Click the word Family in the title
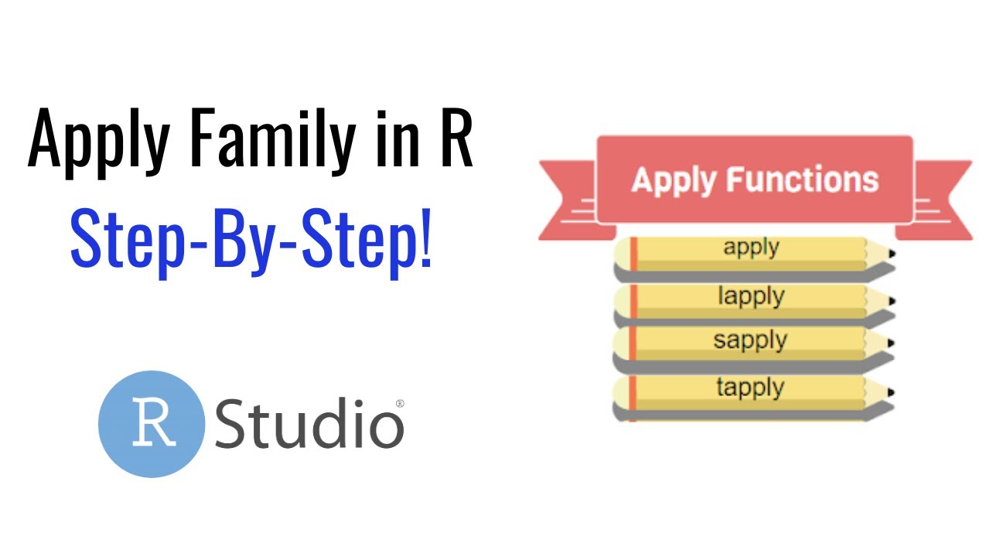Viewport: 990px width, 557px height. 273,141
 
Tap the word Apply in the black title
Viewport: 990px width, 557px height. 99,142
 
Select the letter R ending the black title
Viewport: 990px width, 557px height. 457,138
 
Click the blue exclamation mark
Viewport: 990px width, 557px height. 425,239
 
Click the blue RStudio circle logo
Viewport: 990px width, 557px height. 152,424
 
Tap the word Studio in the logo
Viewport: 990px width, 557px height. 309,423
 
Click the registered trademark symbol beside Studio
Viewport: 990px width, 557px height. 400,403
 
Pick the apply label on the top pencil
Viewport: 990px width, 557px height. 751,248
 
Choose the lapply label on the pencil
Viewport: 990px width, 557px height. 751,296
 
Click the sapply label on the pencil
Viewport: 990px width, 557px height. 750,341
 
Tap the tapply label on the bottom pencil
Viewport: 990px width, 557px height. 750,388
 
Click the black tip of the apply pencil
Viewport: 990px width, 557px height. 892,254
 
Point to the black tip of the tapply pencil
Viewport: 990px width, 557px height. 891,392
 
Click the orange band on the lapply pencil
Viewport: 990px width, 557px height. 633,302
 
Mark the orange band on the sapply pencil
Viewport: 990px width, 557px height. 633,343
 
